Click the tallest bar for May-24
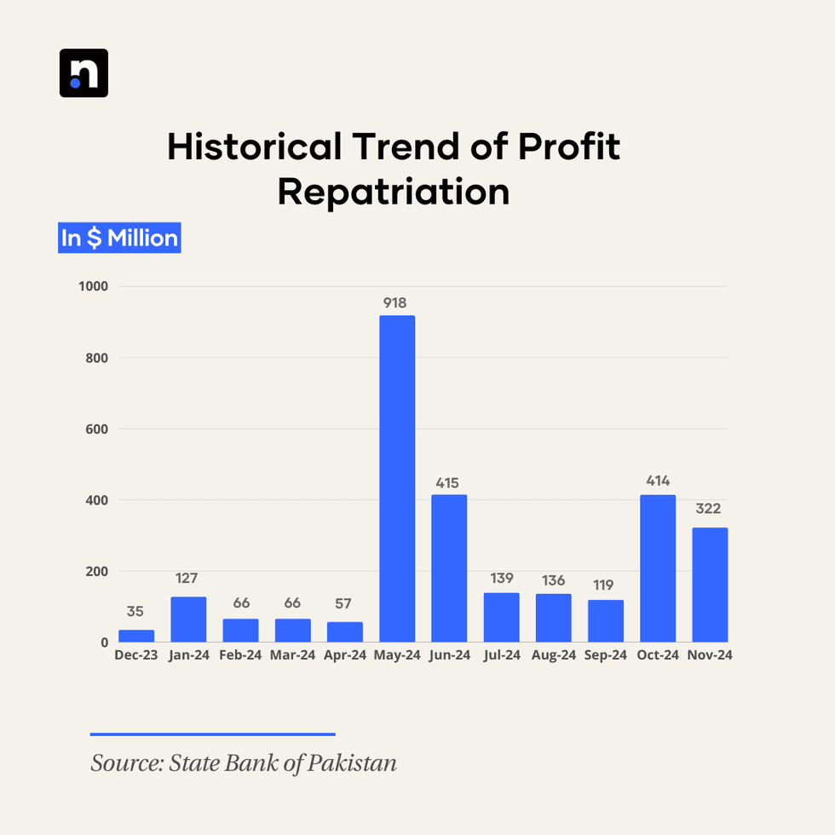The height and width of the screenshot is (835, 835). click(397, 478)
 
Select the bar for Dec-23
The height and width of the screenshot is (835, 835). click(136, 636)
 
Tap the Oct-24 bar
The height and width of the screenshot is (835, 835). click(658, 568)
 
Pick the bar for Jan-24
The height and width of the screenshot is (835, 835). click(188, 619)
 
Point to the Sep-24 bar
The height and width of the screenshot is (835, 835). click(606, 621)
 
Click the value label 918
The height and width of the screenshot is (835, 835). click(397, 302)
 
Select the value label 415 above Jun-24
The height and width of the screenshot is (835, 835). click(449, 482)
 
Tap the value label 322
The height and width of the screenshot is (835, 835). click(708, 509)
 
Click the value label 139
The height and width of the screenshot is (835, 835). click(502, 579)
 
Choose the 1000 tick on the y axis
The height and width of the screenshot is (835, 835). click(93, 286)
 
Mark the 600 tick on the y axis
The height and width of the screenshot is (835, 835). click(96, 429)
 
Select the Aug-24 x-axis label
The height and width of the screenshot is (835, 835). click(554, 655)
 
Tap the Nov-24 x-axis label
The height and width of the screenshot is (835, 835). click(710, 655)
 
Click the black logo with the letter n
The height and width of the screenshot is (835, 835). click(83, 73)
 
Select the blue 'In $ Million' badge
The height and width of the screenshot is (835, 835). click(119, 238)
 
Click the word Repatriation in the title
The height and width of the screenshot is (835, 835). click(393, 191)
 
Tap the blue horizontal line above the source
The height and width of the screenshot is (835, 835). click(213, 734)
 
